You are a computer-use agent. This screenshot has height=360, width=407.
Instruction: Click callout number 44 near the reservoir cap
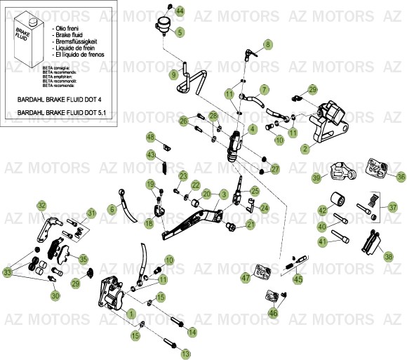179,11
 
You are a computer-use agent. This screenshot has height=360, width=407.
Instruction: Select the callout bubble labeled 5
180,32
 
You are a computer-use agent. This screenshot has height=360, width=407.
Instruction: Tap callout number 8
267,45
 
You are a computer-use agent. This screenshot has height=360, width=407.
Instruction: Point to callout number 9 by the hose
173,74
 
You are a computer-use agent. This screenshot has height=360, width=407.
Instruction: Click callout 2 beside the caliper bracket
305,149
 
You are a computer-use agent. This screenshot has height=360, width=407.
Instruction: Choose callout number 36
401,177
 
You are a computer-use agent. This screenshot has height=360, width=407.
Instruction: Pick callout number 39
316,178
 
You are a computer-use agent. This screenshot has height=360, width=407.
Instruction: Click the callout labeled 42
323,211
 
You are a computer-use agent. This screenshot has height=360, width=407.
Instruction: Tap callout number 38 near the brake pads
389,257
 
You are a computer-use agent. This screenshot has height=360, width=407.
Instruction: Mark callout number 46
273,313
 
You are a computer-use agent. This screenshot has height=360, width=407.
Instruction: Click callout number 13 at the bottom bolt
186,355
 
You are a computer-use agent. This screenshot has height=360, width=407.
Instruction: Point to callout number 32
42,206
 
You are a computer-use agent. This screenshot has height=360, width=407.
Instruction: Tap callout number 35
84,259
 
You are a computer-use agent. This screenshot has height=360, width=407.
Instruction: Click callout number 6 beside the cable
112,209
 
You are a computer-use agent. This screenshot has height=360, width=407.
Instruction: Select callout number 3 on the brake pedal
223,194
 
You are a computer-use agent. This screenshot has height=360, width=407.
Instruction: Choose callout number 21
251,225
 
